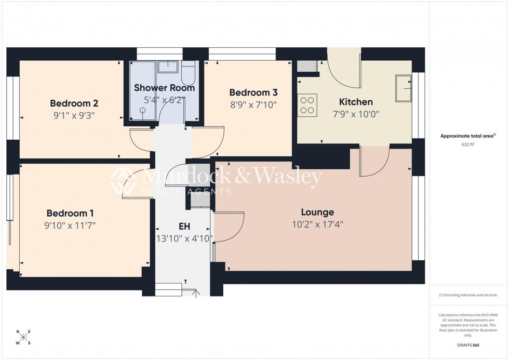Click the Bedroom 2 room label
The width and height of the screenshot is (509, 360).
coord(74,103)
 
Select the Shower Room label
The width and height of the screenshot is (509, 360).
coord(164,88)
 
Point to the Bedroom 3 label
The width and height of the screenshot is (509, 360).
coord(253,92)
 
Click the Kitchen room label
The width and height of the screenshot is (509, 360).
coord(356,102)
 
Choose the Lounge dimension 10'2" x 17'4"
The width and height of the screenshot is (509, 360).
coord(317,224)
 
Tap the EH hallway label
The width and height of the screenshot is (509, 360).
coord(184,226)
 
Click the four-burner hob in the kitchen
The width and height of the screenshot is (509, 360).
coord(307,104)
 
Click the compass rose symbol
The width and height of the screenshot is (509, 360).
coord(23,337)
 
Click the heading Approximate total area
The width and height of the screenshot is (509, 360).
coord(467,136)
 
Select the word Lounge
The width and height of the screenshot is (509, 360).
coord(317,212)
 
